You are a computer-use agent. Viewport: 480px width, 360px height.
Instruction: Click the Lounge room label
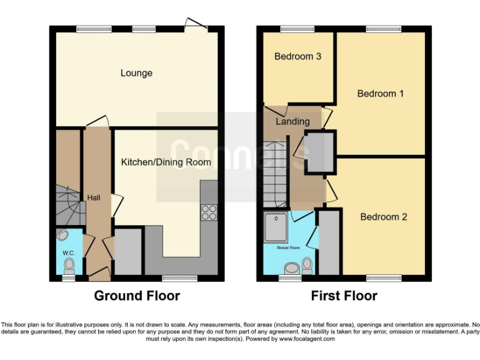click(x=136, y=73)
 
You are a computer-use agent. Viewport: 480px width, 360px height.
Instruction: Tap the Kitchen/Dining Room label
click(x=166, y=162)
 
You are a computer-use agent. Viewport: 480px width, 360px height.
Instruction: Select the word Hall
click(x=94, y=197)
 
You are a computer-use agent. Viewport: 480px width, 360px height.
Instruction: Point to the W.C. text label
click(x=68, y=252)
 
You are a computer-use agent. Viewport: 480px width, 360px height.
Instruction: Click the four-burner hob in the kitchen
click(x=209, y=212)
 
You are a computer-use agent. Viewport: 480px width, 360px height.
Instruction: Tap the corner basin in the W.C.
click(x=62, y=236)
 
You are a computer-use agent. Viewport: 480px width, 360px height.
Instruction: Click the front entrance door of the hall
click(x=97, y=274)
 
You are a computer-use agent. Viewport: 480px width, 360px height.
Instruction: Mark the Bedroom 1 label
click(x=381, y=94)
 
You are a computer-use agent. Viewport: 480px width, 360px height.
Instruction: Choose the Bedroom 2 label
click(x=384, y=217)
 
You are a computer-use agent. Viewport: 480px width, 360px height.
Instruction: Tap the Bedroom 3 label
click(x=298, y=56)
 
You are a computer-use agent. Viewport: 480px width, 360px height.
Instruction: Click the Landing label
click(x=292, y=121)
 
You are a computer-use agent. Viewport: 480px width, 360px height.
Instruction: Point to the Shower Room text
click(x=289, y=247)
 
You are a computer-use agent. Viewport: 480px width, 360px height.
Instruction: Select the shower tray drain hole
click(x=276, y=219)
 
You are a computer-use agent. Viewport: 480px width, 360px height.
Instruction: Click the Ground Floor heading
click(x=137, y=296)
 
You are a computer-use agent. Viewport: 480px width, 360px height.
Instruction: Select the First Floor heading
click(x=344, y=296)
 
